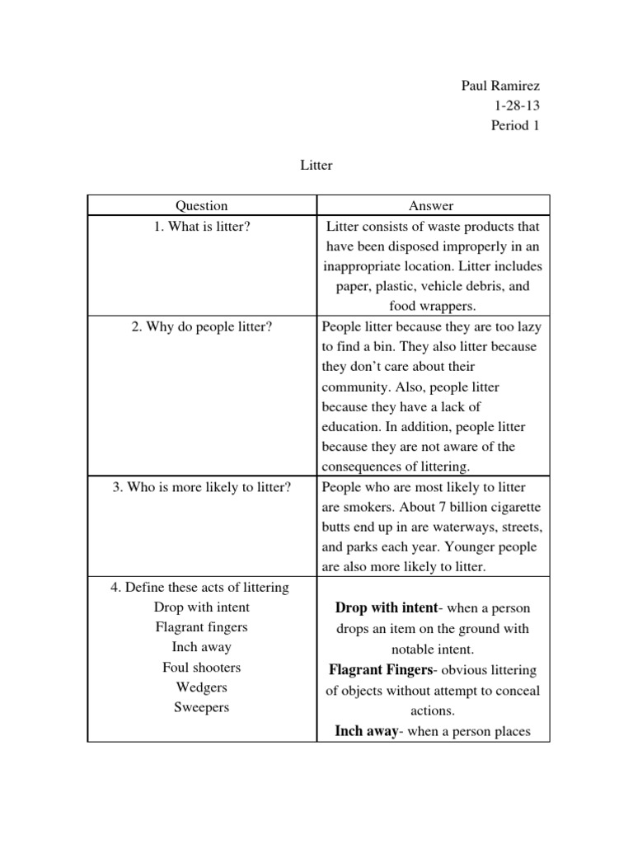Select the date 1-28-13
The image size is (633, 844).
tap(517, 106)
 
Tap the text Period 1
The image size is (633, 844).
tap(515, 126)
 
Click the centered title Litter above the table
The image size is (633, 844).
tap(316, 166)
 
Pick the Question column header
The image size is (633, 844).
tap(202, 206)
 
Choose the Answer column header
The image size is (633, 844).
tap(433, 206)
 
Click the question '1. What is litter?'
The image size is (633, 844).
tap(202, 226)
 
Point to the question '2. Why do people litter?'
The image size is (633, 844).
tap(202, 326)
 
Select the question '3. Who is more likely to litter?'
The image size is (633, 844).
tap(202, 487)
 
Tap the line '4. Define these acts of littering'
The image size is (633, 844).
tap(199, 588)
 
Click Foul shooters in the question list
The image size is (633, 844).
tap(202, 668)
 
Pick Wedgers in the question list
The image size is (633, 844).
tap(202, 687)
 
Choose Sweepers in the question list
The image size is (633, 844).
tap(202, 707)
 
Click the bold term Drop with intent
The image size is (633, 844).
tap(386, 608)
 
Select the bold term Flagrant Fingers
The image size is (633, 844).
tap(380, 669)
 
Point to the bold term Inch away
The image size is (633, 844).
tap(366, 730)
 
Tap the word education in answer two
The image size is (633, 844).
tap(352, 427)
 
